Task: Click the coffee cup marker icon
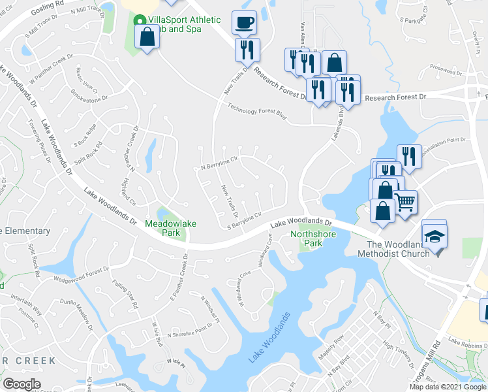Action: (x=244, y=23)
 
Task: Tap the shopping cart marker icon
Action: (x=405, y=203)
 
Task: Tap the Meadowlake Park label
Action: (x=171, y=228)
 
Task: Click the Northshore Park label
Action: (x=306, y=238)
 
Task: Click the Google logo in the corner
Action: (x=22, y=384)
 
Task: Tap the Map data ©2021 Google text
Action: (x=448, y=387)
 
